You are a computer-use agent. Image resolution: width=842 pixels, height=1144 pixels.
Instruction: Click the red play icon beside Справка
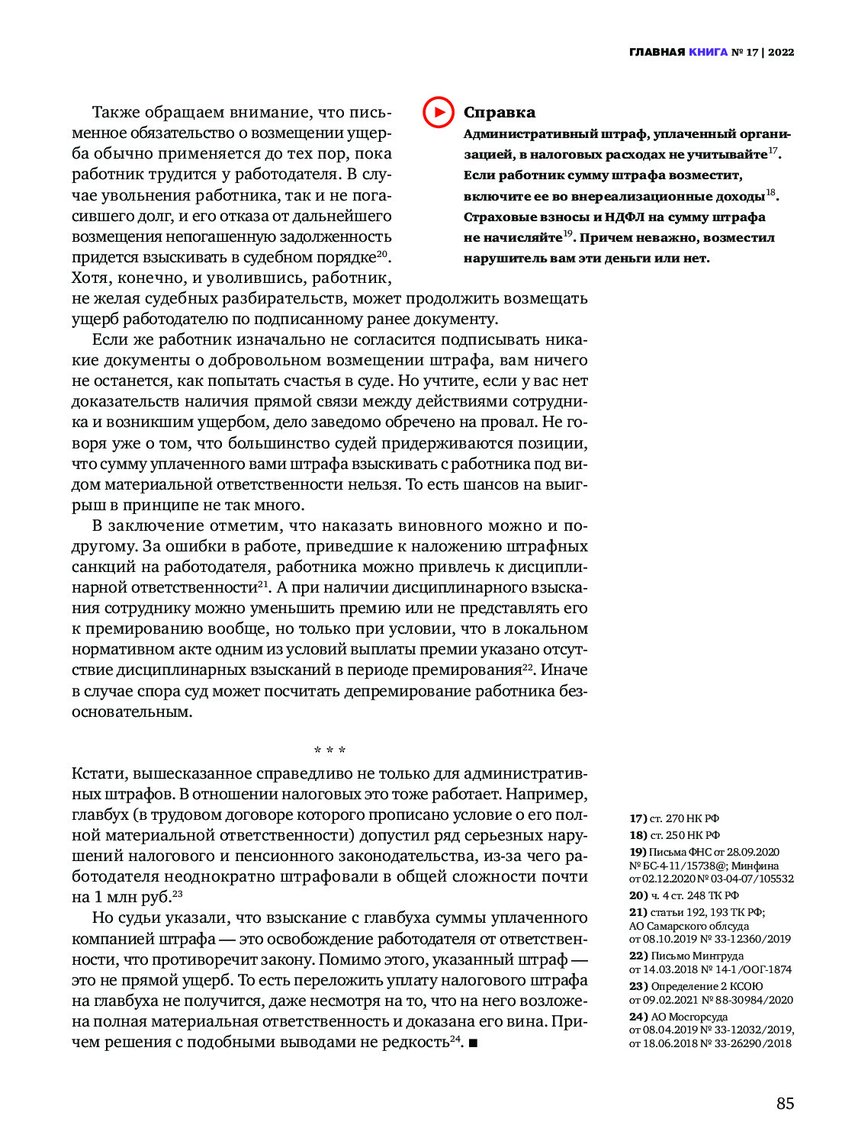(439, 112)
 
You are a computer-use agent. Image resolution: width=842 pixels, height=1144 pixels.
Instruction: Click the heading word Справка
(500, 112)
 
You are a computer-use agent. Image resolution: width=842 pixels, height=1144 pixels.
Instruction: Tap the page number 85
(785, 1103)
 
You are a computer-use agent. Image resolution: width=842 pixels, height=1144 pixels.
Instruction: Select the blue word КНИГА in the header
(708, 52)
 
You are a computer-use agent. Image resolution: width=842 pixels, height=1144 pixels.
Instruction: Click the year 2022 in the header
(781, 52)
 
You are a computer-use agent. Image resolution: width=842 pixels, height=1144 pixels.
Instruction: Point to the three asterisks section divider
(329, 750)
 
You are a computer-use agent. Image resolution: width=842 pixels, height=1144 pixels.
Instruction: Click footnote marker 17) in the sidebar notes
(638, 818)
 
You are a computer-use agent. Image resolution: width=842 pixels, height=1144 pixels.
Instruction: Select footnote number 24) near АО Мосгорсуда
(638, 1017)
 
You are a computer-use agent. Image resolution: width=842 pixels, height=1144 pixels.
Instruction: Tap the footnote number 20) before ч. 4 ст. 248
(638, 895)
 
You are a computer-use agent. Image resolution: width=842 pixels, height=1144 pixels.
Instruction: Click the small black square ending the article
(473, 1043)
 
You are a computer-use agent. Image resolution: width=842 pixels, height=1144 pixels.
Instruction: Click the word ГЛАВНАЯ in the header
(657, 52)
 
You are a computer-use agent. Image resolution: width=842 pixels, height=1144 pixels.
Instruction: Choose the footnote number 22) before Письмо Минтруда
(638, 956)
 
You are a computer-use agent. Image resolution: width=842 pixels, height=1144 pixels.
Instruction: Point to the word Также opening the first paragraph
(115, 112)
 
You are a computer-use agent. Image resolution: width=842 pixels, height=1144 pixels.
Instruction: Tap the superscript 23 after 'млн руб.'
(177, 894)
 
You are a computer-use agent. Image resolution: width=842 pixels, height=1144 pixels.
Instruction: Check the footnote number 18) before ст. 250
(638, 835)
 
